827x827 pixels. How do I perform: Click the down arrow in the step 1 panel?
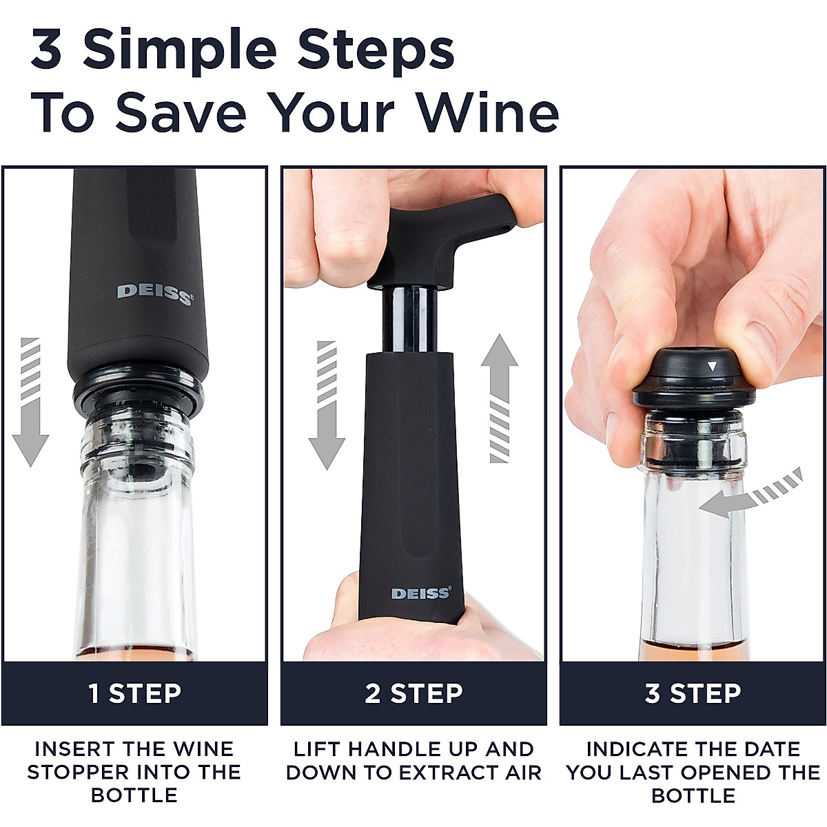[30, 403]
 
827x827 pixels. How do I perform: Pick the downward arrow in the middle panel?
[326, 403]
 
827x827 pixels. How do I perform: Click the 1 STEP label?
[135, 693]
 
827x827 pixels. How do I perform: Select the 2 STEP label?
[413, 693]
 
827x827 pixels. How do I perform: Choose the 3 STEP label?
[693, 693]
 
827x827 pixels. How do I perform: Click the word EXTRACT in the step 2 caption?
[449, 772]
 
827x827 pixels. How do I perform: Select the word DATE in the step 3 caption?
[768, 749]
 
